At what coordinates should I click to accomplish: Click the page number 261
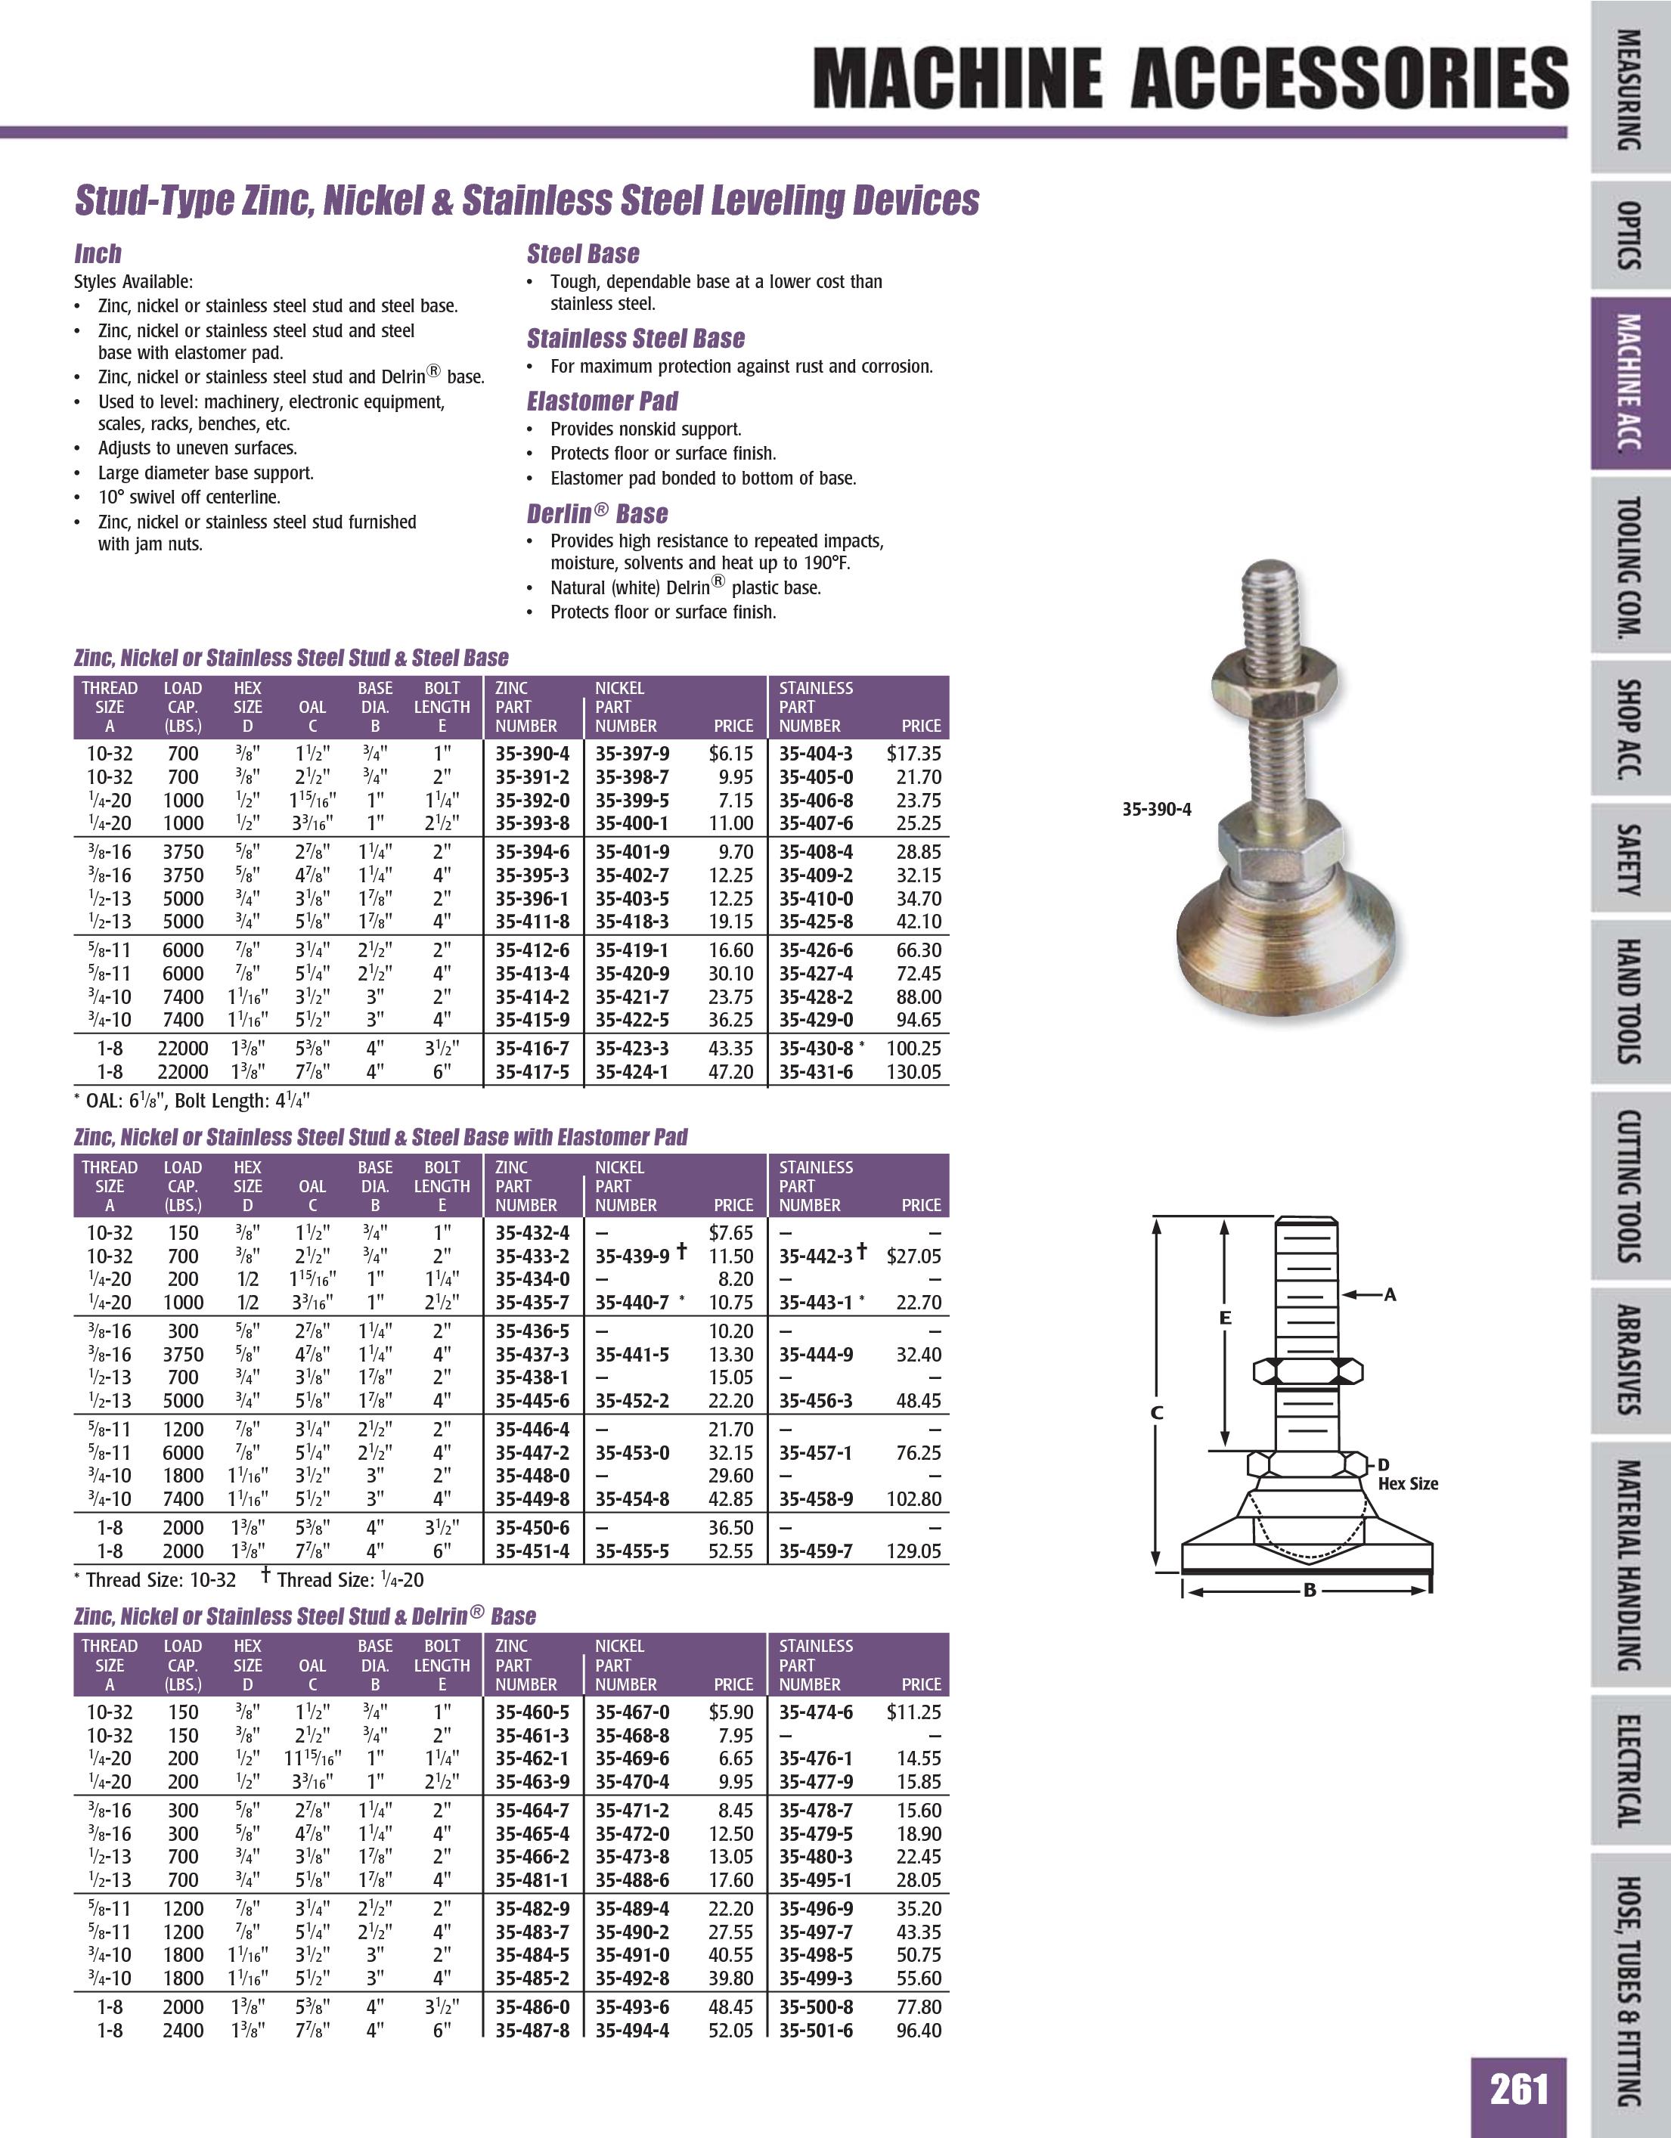tap(1518, 2090)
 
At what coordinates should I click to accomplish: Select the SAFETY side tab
tap(1627, 860)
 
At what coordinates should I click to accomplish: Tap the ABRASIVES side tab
tap(1627, 1361)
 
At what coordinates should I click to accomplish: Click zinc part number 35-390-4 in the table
tap(532, 754)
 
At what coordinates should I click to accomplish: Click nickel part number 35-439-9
tap(632, 1256)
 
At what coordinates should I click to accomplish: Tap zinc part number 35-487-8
tap(532, 2031)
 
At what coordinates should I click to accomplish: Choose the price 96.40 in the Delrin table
tap(918, 2031)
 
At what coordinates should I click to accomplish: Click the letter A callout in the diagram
tap(1389, 1295)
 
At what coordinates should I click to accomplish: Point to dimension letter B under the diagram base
tap(1309, 1590)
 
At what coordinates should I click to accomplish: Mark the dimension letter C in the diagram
tap(1156, 1412)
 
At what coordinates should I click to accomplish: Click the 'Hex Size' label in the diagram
tap(1408, 1483)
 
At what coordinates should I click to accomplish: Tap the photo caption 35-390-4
tap(1156, 810)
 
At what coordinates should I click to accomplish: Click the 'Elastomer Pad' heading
tap(602, 401)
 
